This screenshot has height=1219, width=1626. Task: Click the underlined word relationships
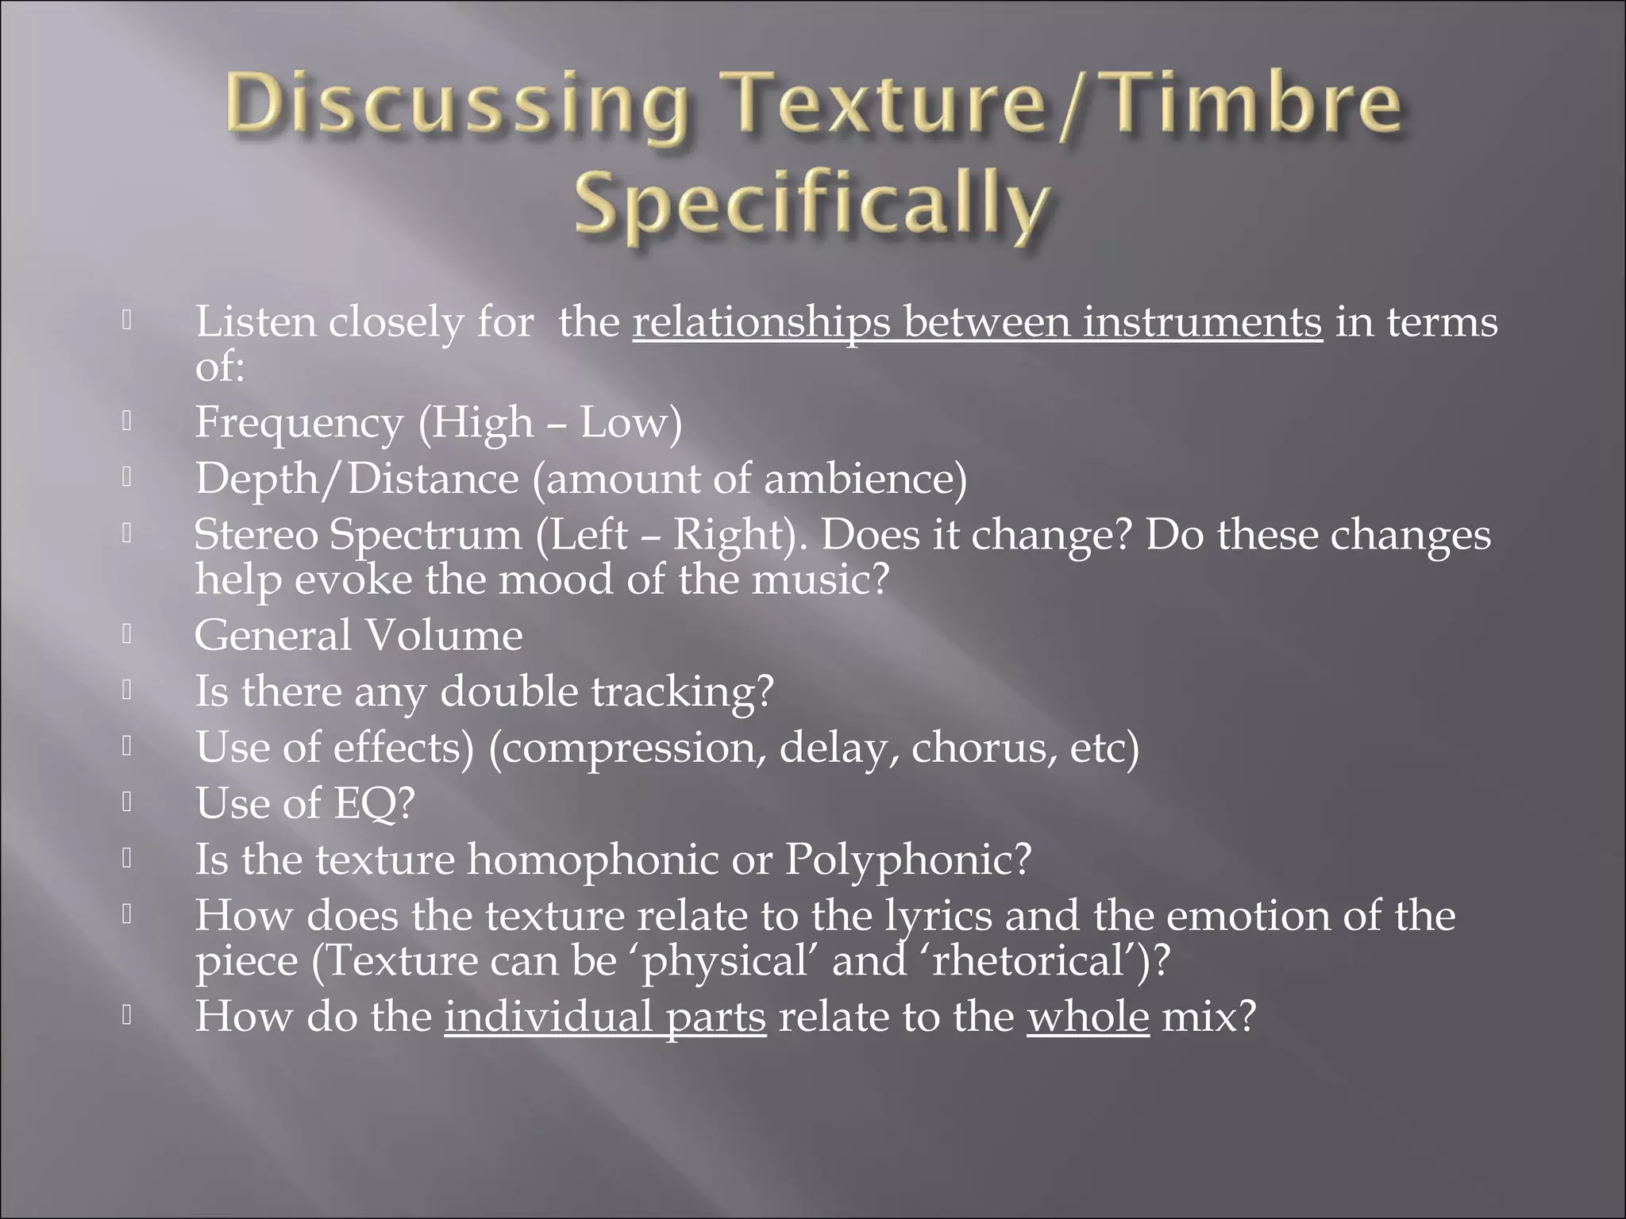[x=761, y=323]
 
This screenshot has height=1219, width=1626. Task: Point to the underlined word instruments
[x=1203, y=323]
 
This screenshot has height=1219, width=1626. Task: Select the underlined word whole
[x=1088, y=1017]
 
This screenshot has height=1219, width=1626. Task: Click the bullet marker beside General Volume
[x=126, y=635]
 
